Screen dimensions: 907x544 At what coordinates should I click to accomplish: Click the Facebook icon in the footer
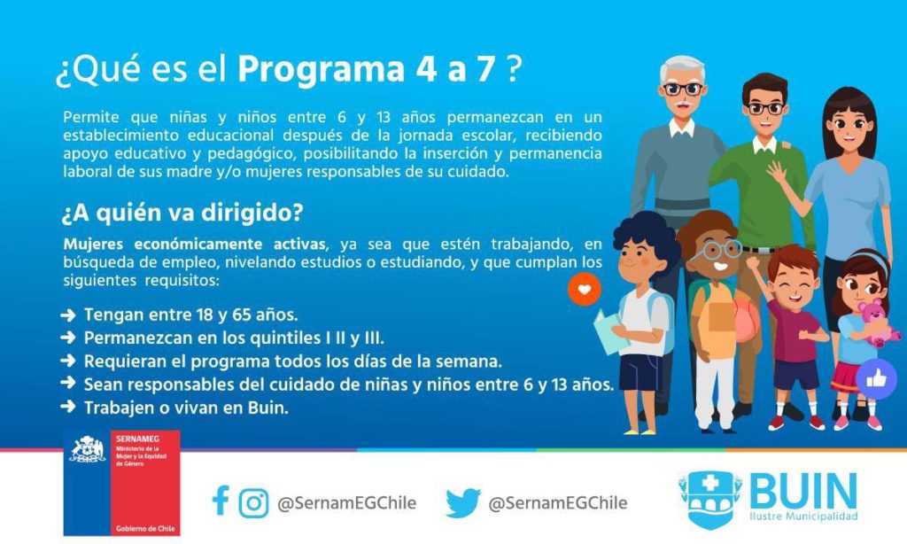click(x=221, y=501)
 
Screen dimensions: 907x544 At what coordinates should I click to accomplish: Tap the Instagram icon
click(x=254, y=502)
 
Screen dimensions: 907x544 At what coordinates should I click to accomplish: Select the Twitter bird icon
click(x=462, y=502)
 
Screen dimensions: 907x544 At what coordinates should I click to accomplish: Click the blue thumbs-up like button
click(x=876, y=379)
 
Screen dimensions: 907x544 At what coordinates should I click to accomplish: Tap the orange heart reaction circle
click(x=585, y=289)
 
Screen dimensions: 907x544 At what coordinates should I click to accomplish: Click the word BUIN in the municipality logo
click(x=803, y=492)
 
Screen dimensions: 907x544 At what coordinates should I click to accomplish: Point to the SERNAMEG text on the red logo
click(x=137, y=439)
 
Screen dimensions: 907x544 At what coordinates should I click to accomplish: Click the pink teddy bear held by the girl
click(x=876, y=323)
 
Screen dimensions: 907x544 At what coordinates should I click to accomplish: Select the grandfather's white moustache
click(x=683, y=105)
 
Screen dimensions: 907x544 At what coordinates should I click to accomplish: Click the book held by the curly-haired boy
click(x=609, y=332)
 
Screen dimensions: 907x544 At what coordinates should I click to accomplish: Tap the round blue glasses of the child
click(x=718, y=251)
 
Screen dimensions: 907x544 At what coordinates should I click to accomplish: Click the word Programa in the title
click(x=321, y=70)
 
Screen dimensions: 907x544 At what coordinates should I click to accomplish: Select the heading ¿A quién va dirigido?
click(x=182, y=213)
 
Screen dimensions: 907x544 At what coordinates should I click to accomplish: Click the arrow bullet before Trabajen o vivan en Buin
click(x=67, y=407)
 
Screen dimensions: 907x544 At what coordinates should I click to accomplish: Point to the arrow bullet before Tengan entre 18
click(x=67, y=315)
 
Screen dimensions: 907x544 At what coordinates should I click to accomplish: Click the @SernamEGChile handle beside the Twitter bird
click(x=558, y=503)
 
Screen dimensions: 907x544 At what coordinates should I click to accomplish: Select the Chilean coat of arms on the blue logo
click(x=88, y=450)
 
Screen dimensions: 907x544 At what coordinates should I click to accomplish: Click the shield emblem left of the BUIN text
click(x=709, y=499)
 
